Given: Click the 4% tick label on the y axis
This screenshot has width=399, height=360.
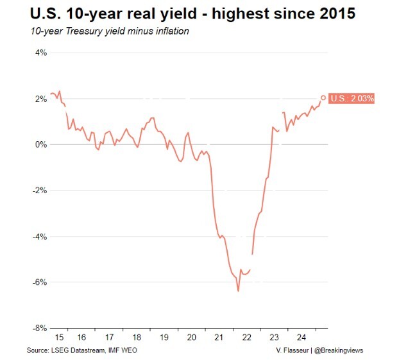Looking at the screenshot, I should coord(39,53).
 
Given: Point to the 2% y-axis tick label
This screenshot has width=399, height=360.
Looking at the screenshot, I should coord(39,99).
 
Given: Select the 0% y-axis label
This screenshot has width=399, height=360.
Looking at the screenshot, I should coord(39,144).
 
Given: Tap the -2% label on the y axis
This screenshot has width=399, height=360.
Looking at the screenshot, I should coord(38,191).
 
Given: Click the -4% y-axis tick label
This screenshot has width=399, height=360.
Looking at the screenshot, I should coord(38,236).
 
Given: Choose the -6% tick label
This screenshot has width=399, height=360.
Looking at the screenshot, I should coord(38,282).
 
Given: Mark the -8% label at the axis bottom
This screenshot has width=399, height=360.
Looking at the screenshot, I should coord(38,327).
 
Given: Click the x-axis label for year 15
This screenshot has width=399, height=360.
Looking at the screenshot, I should coord(59,337).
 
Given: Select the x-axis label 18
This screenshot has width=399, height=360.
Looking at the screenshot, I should coord(137,337).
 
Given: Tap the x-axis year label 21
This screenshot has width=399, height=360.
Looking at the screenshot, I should coord(218,337).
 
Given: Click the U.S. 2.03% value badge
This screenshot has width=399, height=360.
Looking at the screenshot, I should coord(352,98).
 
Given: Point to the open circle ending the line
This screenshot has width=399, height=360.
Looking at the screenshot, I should coord(323,98).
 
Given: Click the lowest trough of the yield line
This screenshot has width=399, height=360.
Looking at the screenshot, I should coord(238,291).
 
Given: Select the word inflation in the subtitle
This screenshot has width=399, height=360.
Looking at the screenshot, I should coord(170,31).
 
